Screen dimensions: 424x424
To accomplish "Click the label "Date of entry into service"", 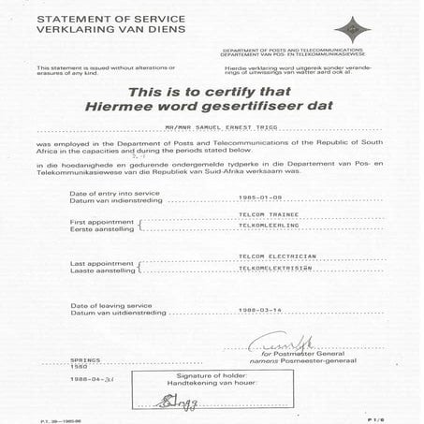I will (x=115, y=193).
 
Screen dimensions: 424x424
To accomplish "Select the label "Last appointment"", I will (x=102, y=262).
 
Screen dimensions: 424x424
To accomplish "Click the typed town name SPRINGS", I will (x=84, y=359).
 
